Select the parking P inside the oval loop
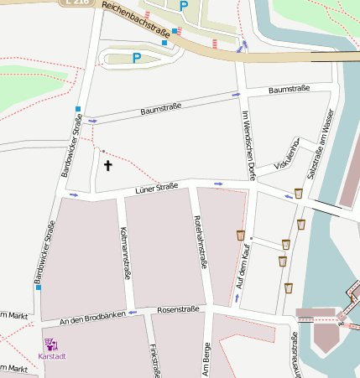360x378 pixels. coord(136,58)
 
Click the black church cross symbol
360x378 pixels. coord(107,166)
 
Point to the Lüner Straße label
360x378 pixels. coord(157,189)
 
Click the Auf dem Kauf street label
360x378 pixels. coord(244,267)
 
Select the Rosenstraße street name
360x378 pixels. coord(178,309)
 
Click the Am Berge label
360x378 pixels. coord(206,356)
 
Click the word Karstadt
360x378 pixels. coord(52,356)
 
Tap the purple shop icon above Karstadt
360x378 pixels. coord(51,344)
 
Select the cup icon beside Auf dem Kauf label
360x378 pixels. coord(241,235)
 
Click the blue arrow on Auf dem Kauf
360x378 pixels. coord(237,298)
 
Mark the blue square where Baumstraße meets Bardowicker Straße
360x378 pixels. coord(78,109)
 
